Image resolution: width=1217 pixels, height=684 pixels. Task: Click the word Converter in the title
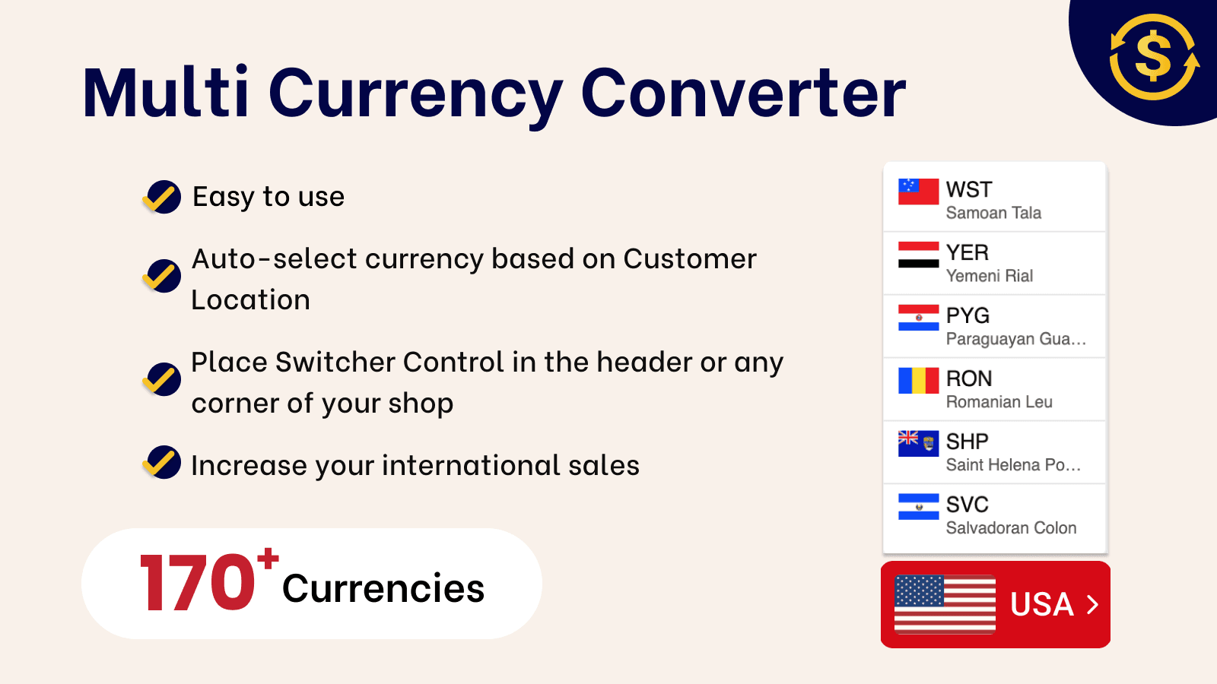tap(743, 93)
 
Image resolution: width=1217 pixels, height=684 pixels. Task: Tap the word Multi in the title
tap(166, 93)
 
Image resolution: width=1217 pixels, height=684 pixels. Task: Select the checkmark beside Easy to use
tap(162, 197)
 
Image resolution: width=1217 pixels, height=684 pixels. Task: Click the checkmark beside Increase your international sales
tap(162, 462)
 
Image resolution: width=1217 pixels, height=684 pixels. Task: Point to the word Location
tap(250, 300)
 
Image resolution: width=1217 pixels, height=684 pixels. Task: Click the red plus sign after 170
tap(268, 559)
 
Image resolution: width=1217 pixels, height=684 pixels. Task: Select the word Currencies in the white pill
tap(383, 589)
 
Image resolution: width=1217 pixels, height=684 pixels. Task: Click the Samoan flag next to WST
tap(918, 192)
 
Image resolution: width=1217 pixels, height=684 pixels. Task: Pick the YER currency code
tap(967, 252)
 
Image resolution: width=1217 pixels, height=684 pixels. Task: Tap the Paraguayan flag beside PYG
tap(918, 318)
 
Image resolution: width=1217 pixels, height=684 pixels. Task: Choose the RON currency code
tap(968, 378)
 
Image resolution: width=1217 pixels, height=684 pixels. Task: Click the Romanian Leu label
tap(999, 402)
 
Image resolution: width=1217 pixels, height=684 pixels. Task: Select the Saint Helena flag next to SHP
tap(918, 443)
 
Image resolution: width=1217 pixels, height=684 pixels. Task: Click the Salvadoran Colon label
tap(1011, 528)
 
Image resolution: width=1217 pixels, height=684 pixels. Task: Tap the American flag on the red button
tap(945, 604)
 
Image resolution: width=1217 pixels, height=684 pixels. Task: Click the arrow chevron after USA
tap(1093, 604)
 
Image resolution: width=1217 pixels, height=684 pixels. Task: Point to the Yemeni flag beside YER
tap(918, 255)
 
